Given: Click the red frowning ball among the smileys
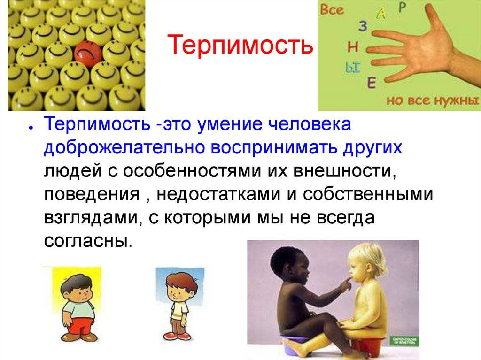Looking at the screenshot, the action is pyautogui.click(x=88, y=54).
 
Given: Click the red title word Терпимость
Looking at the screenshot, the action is pyautogui.click(x=240, y=45).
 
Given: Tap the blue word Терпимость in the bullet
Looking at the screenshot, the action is pyautogui.click(x=97, y=125).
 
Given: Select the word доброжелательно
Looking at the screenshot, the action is pyautogui.click(x=124, y=148).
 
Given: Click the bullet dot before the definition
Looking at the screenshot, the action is pyautogui.click(x=31, y=128).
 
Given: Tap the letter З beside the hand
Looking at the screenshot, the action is pyautogui.click(x=363, y=26).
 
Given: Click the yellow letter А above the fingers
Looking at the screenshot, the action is pyautogui.click(x=381, y=13).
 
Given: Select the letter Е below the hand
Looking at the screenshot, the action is pyautogui.click(x=372, y=83).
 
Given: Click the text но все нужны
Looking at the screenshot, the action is pyautogui.click(x=433, y=100).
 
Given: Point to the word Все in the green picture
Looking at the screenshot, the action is pyautogui.click(x=332, y=9).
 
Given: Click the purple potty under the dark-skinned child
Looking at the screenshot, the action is pyautogui.click(x=295, y=346).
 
